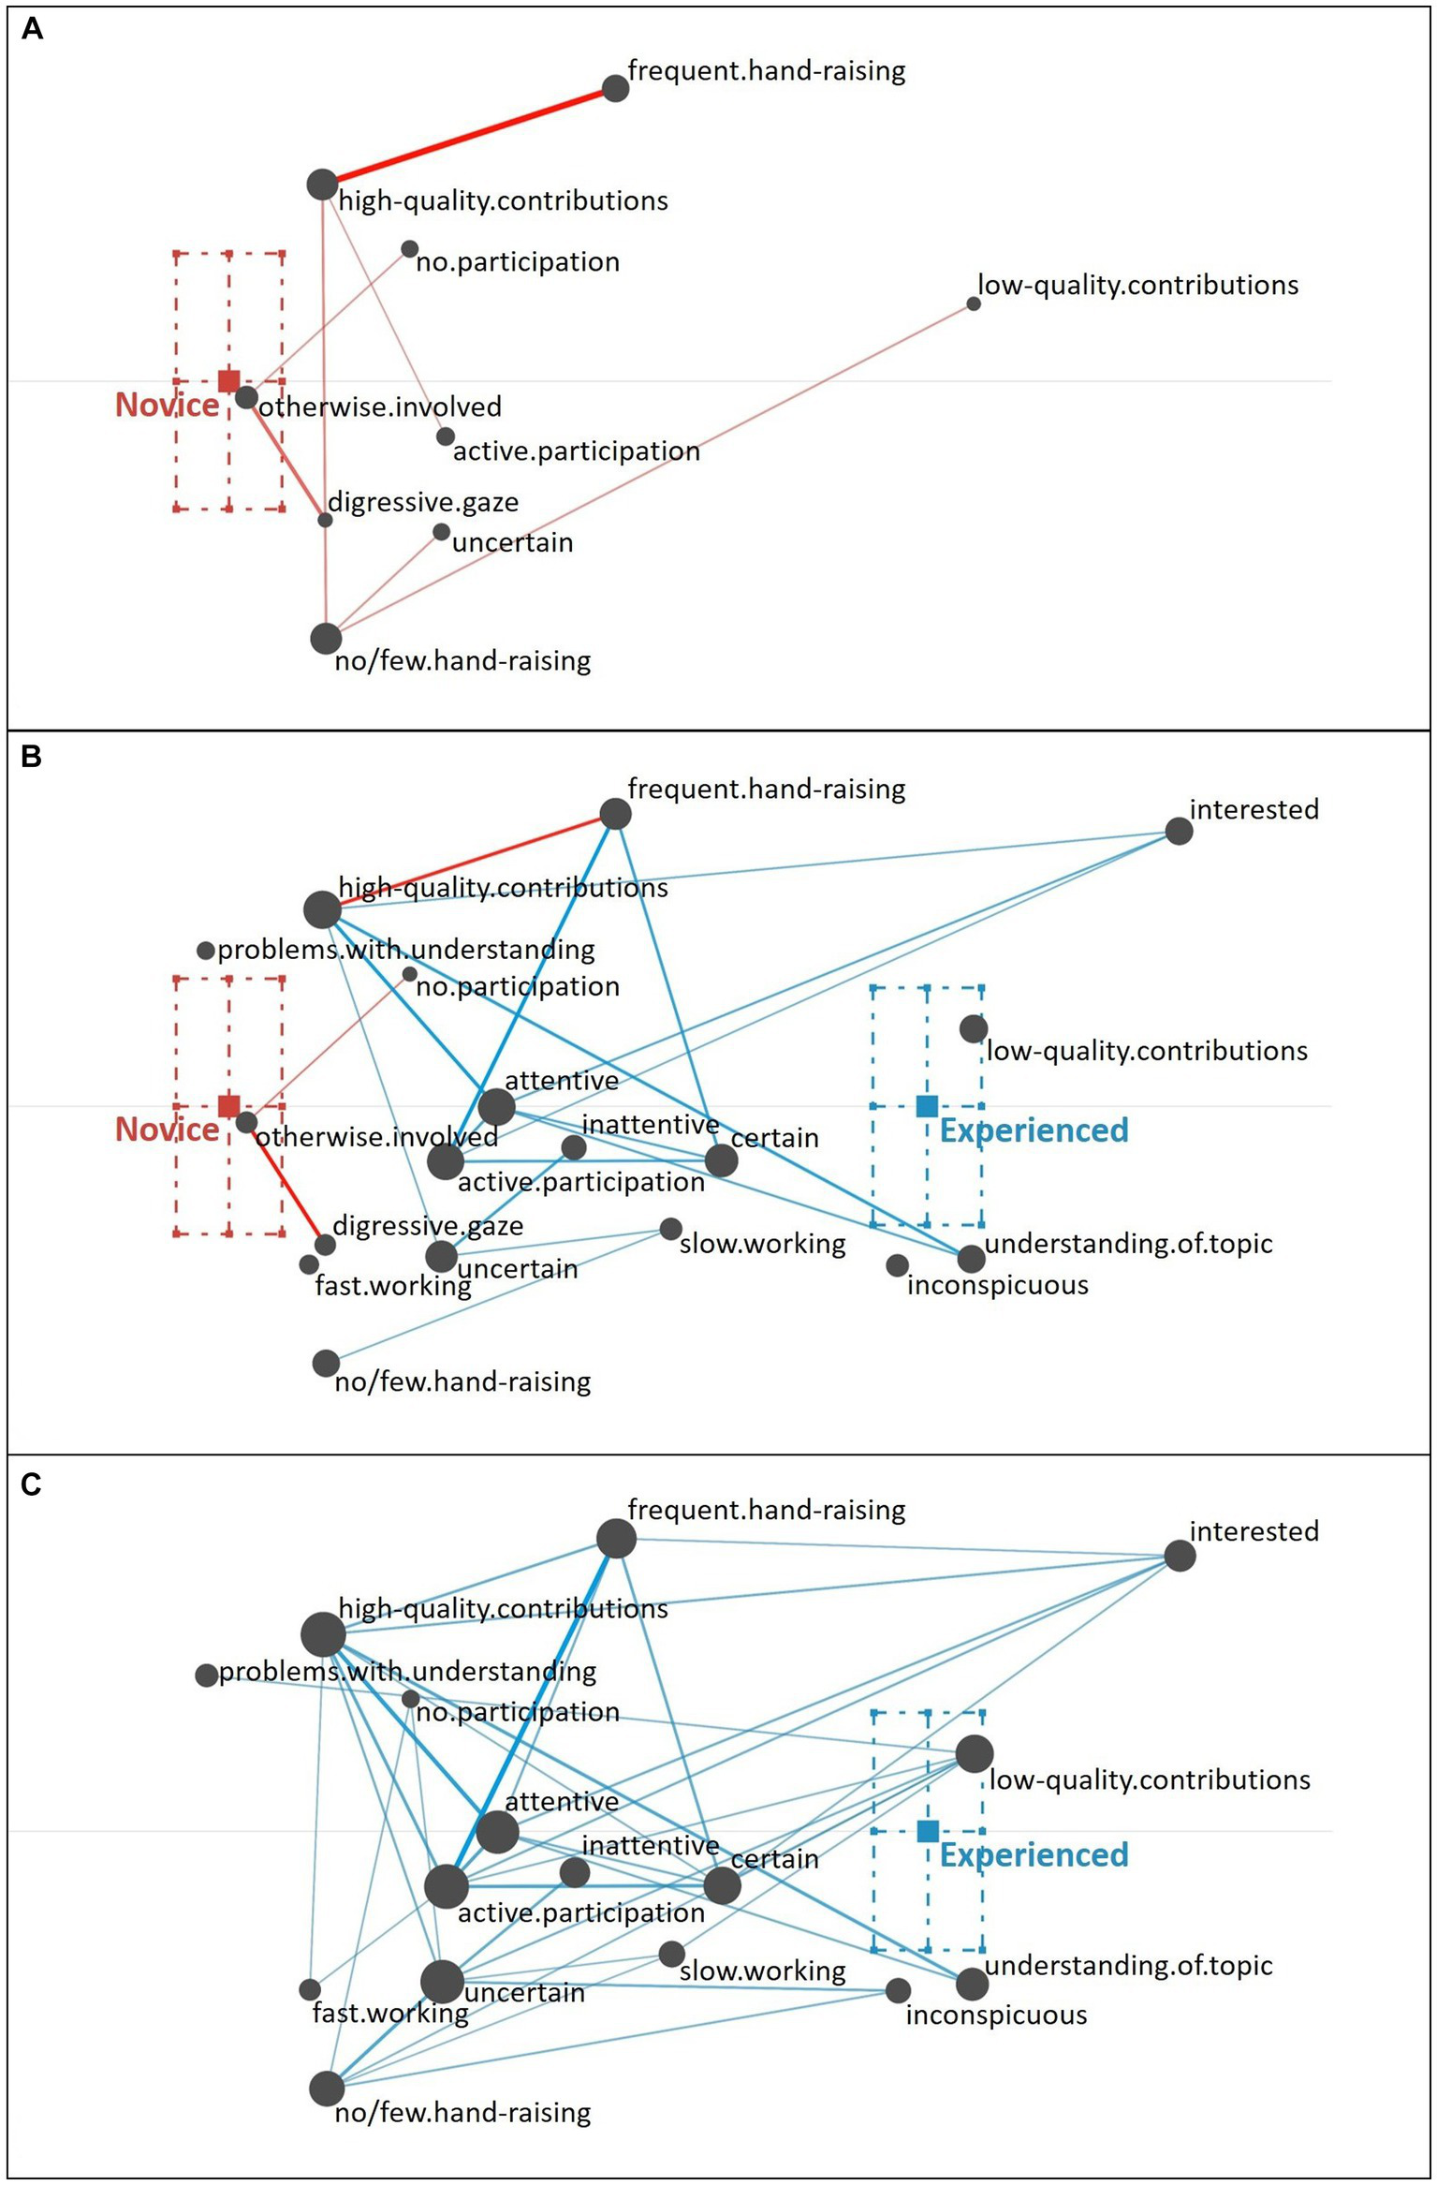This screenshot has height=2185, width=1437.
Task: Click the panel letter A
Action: point(32,30)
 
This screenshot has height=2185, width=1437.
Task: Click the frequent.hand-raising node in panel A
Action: point(615,88)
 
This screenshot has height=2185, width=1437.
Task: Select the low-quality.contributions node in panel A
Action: point(974,303)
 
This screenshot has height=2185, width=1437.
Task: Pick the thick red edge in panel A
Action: point(468,137)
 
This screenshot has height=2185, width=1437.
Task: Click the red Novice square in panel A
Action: point(228,380)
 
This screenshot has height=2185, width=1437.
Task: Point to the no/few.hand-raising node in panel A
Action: point(326,638)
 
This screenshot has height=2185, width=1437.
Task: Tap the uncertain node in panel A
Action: point(442,532)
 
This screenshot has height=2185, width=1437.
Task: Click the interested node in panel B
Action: point(1179,831)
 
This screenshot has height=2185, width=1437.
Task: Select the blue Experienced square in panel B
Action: point(927,1106)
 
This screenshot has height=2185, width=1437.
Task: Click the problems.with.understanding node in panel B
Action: point(206,951)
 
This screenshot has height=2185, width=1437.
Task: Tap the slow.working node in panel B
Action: point(670,1229)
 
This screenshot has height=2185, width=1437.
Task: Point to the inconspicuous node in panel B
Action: point(897,1265)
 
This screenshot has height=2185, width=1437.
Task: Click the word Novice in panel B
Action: point(167,1129)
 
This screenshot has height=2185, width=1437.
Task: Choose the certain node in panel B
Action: point(721,1160)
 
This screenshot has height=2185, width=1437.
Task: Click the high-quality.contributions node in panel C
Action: point(323,1634)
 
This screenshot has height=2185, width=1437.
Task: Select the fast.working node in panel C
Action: point(310,1988)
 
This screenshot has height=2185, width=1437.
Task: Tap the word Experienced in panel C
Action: point(1034,1854)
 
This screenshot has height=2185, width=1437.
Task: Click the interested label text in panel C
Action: point(1254,1531)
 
